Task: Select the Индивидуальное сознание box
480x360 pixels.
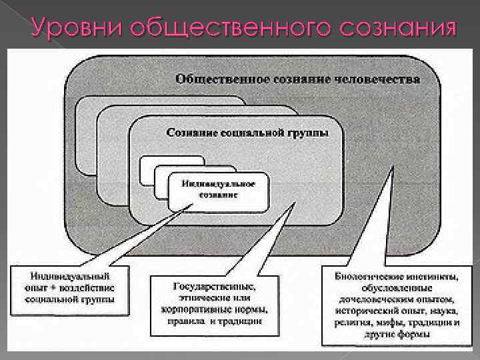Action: click(219, 189)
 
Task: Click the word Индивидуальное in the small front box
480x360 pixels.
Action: click(219, 183)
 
